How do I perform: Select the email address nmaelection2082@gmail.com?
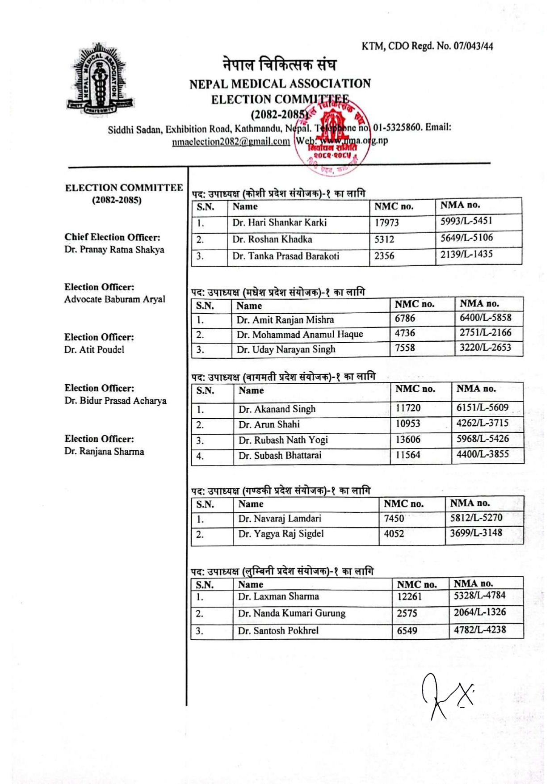click(x=231, y=142)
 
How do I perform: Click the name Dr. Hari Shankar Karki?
click(x=279, y=222)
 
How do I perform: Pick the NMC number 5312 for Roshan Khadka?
click(x=384, y=239)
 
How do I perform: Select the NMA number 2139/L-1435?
click(x=466, y=255)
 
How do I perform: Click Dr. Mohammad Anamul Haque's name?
click(x=299, y=335)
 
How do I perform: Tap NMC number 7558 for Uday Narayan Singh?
click(x=405, y=348)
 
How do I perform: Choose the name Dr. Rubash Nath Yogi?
click(x=283, y=440)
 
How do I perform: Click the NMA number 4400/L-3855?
click(x=482, y=454)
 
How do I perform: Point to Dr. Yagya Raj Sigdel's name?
click(x=281, y=534)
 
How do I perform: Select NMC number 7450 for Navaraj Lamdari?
click(x=394, y=518)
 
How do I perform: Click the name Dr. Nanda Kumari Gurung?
click(x=291, y=613)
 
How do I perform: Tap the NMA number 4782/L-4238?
click(x=479, y=630)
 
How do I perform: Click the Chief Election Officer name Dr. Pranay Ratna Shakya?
click(x=114, y=250)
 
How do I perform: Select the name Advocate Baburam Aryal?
click(x=114, y=299)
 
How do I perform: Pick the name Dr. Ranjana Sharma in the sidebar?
click(x=104, y=451)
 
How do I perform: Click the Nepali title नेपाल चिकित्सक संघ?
click(x=279, y=65)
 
